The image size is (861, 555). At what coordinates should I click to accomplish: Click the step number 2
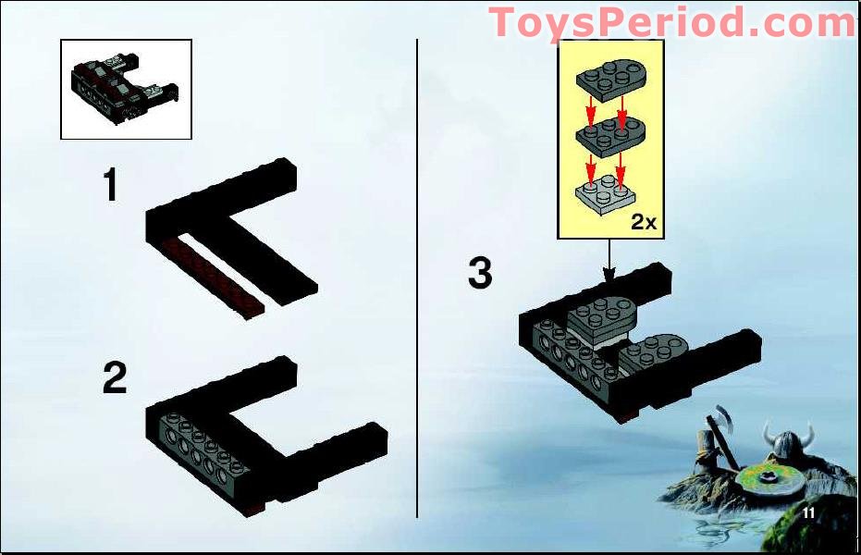(115, 377)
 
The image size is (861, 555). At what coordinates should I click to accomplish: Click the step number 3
(481, 273)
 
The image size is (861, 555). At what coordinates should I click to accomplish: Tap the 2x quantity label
(644, 222)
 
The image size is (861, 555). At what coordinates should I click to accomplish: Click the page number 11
(808, 512)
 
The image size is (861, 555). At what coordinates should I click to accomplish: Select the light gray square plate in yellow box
(606, 193)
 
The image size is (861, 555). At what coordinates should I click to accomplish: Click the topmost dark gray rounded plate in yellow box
(609, 80)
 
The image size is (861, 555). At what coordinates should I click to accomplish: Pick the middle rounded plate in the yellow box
(609, 138)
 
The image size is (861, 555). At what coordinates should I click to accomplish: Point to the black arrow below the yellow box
(609, 261)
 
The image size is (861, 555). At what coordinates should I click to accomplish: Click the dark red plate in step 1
(215, 277)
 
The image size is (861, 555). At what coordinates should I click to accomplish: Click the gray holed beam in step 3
(573, 354)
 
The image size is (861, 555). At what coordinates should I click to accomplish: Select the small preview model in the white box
(124, 88)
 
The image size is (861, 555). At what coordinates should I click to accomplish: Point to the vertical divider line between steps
(417, 277)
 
